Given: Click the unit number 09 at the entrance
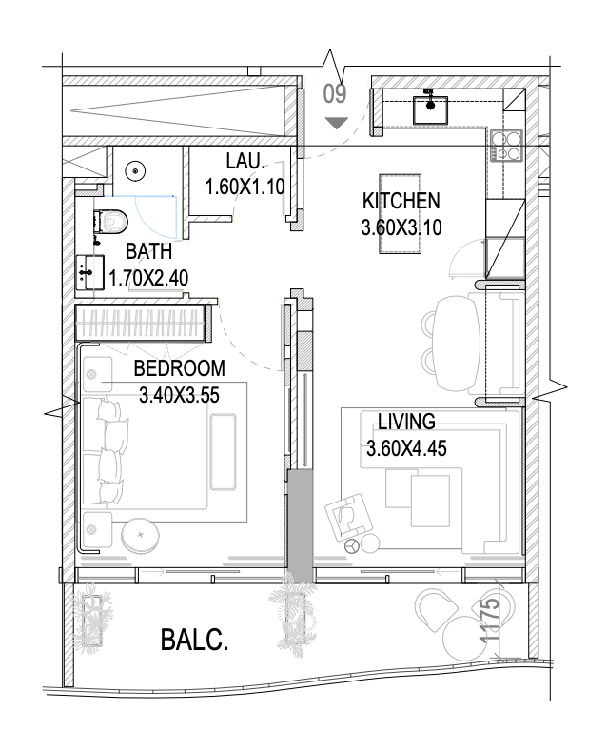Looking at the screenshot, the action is click(335, 93).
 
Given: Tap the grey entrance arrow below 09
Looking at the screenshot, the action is click(337, 123).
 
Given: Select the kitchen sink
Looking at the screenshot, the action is click(431, 109).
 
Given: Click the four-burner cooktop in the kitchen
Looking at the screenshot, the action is click(506, 146).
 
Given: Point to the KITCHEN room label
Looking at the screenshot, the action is click(401, 201).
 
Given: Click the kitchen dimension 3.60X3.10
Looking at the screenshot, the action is click(401, 227).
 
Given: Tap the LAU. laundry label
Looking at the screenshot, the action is click(245, 161).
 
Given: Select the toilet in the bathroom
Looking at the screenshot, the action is click(111, 222).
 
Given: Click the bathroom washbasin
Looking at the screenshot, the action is click(89, 272).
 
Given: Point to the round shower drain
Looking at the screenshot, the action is click(136, 170).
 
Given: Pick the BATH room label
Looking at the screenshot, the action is click(148, 251).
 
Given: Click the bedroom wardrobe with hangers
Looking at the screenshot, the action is click(144, 323).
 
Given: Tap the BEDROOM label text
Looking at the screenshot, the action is click(179, 368).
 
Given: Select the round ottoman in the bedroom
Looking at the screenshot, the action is click(140, 535).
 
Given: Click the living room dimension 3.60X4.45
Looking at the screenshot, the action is click(406, 448).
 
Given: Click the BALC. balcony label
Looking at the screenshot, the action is click(194, 640).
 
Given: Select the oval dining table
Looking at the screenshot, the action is click(458, 343).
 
